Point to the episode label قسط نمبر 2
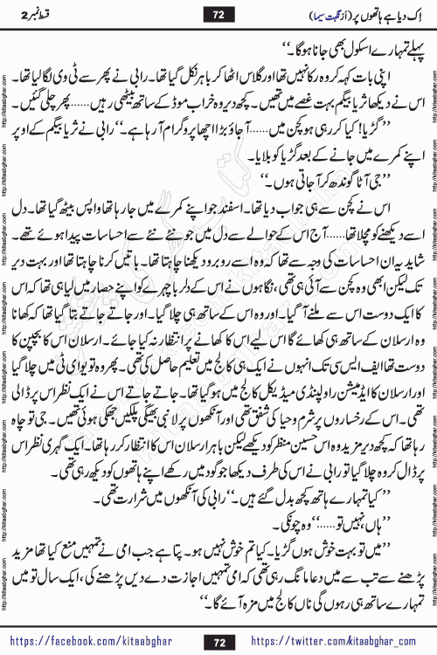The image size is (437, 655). [x=35, y=14]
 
